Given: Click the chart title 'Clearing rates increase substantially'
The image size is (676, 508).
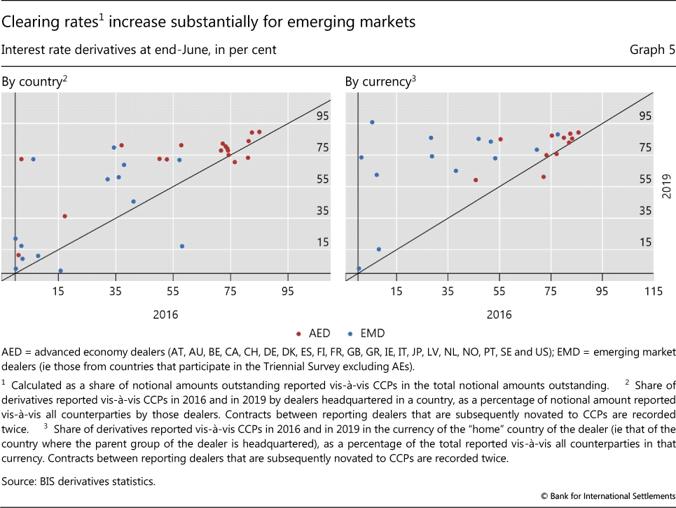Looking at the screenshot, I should coord(209,22).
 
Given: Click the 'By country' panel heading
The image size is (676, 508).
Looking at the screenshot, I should coord(34,81).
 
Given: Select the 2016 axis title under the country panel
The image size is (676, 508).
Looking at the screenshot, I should coord(165,315).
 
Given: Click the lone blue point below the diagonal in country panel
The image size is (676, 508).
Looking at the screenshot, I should coord(182,246).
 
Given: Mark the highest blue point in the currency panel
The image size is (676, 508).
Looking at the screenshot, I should coord(372,122).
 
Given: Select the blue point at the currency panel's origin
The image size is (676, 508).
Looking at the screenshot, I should coord(359,268).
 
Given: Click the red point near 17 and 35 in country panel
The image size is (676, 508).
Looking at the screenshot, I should coord(64,216).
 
